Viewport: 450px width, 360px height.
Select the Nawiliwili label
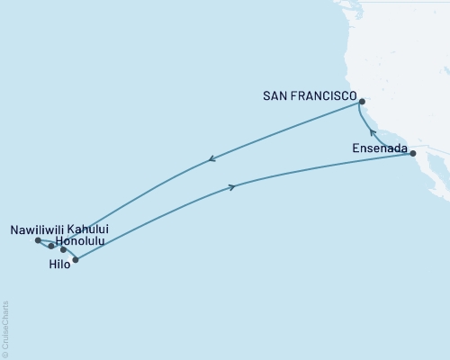36,229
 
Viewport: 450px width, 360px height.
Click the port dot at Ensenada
413,154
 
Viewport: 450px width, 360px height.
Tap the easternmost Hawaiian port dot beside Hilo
76,260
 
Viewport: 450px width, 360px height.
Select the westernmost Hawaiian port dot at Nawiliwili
37,240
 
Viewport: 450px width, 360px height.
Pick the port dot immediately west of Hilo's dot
63,249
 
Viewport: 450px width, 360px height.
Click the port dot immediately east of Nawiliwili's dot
51,245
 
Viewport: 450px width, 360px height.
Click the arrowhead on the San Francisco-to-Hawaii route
211,160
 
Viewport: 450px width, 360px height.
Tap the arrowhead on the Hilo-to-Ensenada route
233,187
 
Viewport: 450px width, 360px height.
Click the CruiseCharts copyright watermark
5,329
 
